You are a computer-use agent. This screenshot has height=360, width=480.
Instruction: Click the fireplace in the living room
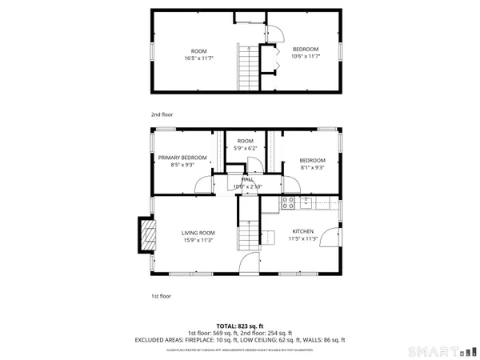point(146,236)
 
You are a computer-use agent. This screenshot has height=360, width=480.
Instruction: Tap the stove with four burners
point(289,202)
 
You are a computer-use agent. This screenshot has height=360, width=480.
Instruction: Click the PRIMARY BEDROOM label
point(182,158)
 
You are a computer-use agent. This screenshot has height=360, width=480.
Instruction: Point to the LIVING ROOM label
point(198,232)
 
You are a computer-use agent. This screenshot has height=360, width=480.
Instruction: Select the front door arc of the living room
point(250,263)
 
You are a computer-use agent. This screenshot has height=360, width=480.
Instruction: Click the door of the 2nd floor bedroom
point(275,33)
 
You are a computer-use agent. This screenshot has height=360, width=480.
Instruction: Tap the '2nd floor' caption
point(162,114)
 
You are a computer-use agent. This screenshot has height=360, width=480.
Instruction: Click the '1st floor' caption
point(162,296)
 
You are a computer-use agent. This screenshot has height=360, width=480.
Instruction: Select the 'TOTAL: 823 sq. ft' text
point(240,326)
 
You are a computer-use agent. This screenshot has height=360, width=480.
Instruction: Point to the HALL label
point(247,180)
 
